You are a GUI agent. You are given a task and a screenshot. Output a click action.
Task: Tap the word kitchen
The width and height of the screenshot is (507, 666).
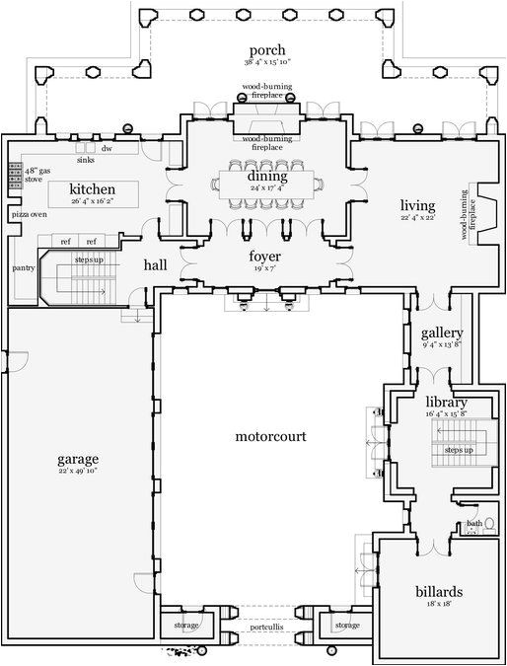92,188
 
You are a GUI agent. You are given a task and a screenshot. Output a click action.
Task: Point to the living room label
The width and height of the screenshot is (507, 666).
417,205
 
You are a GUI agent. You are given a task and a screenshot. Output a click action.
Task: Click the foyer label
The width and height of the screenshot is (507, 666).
266,257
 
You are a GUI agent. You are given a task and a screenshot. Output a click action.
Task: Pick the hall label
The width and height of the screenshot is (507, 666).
155,264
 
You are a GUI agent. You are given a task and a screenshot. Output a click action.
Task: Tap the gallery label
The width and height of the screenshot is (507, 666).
435,333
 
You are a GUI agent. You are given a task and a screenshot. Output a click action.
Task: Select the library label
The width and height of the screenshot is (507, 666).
446,403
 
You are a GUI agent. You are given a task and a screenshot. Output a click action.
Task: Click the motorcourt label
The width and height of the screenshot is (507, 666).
270,435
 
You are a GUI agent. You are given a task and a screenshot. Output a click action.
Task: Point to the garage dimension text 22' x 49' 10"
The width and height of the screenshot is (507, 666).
77,472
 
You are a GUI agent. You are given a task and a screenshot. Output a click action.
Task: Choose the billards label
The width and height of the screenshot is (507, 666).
439,592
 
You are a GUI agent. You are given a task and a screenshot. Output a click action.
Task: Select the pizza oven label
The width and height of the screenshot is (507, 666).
28,214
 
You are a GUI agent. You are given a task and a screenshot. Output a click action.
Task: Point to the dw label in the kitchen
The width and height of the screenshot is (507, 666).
106,149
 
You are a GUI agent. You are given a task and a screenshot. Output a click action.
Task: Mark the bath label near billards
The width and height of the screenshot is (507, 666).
473,524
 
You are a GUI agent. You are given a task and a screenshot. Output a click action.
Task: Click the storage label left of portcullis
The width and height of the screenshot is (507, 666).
185,626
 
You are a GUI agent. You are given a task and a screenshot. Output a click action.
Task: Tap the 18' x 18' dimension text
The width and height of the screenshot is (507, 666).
439,605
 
